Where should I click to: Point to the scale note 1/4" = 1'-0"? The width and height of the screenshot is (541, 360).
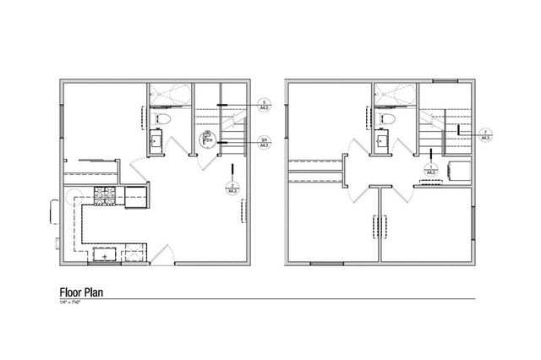tap(72, 302)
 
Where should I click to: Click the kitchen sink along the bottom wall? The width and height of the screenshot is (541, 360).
tap(105, 252)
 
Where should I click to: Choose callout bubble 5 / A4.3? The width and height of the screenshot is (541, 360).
tap(264, 105)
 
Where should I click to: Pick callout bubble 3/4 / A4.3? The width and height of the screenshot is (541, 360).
tap(264, 143)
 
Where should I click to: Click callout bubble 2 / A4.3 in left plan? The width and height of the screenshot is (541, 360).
tap(232, 188)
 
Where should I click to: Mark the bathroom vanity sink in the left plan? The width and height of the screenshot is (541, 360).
tap(158, 140)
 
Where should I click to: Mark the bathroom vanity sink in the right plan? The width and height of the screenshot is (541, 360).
tap(384, 140)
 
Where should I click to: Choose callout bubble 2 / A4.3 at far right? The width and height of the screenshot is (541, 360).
tap(486, 134)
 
